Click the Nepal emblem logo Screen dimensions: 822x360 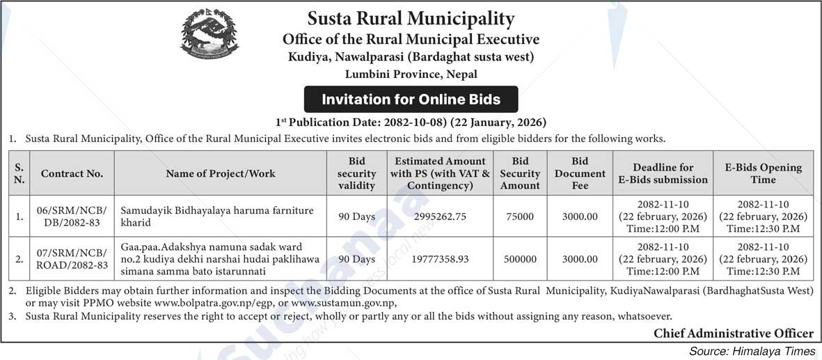click(204, 36)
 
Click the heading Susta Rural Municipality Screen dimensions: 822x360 click(411, 18)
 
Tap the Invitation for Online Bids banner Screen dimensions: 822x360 click(411, 100)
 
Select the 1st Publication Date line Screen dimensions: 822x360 click(411, 122)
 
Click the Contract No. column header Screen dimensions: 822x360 click(72, 173)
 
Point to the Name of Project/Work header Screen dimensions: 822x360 click(221, 173)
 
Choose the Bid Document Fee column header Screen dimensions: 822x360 click(580, 173)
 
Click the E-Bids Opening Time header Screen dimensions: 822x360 click(763, 173)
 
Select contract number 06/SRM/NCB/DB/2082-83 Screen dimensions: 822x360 click(72, 217)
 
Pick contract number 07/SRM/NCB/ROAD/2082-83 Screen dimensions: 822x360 click(72, 258)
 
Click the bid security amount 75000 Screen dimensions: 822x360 click(520, 217)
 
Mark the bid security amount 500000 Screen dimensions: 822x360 click(520, 258)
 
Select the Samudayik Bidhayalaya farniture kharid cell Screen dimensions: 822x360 click(217, 217)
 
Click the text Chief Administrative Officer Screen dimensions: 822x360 click(733, 334)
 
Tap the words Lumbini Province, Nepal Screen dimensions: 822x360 click(411, 74)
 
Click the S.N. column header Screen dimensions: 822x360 click(19, 173)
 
